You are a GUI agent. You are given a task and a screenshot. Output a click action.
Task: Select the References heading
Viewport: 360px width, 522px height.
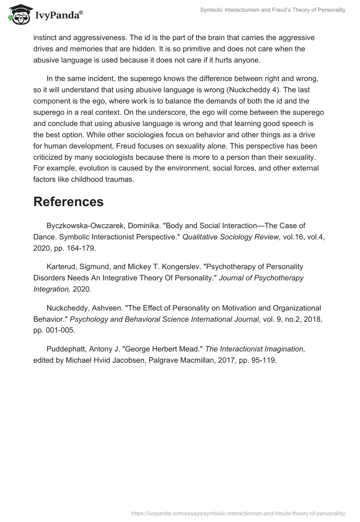tap(68, 202)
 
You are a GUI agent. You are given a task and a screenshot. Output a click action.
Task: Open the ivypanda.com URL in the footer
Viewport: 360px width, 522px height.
tap(238, 513)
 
